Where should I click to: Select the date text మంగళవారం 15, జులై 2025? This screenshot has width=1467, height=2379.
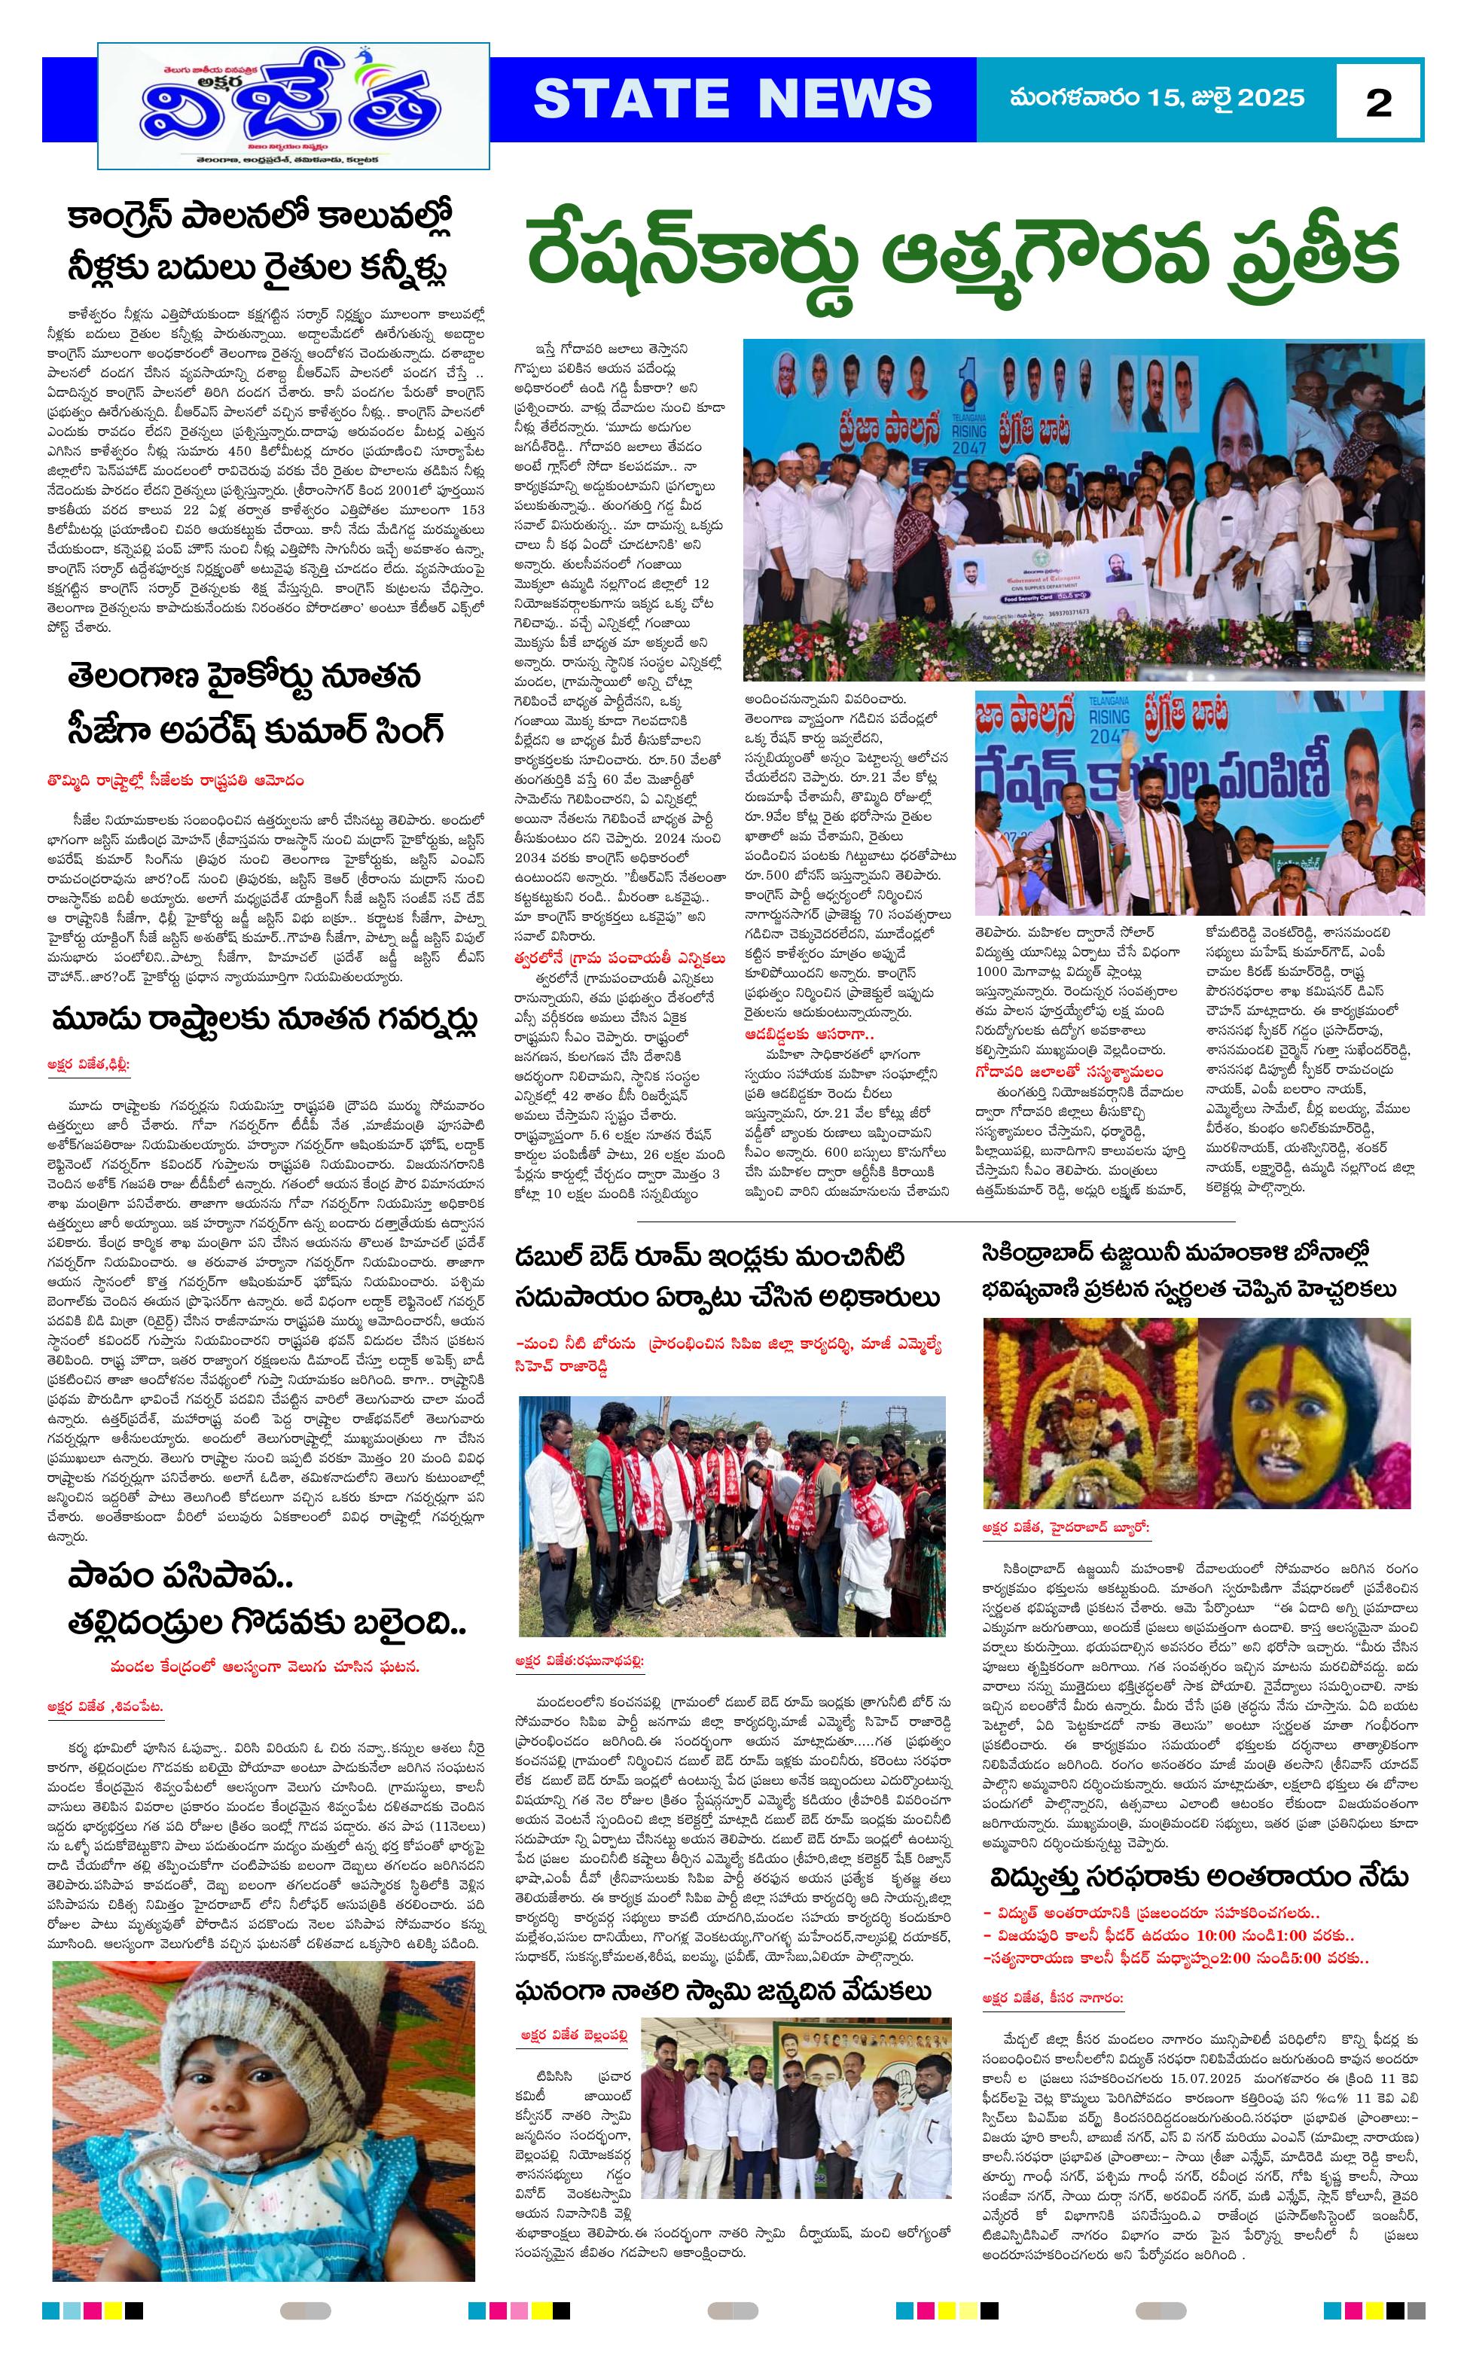[1157, 98]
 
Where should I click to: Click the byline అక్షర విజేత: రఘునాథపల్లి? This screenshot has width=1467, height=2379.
[579, 1662]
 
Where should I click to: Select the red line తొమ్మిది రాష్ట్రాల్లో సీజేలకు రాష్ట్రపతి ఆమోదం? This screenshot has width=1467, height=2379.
[175, 780]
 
